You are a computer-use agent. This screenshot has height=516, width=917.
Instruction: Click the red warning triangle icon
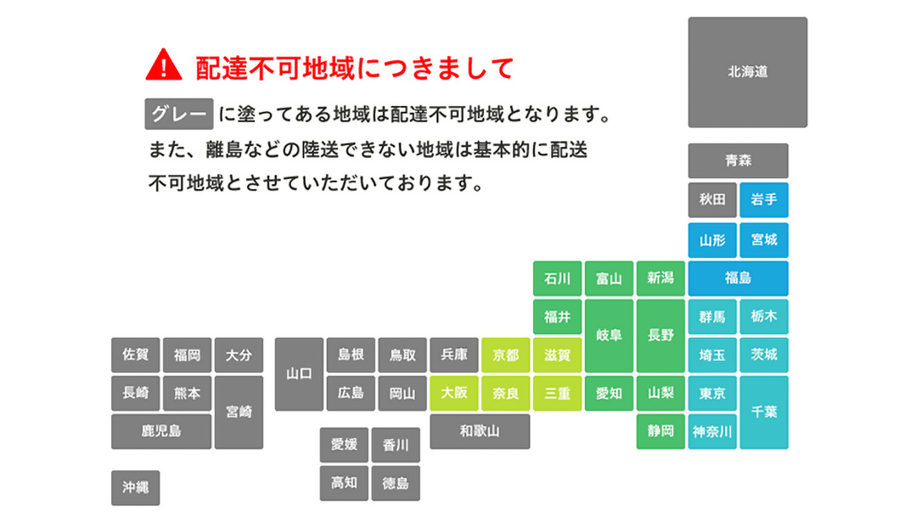tap(164, 64)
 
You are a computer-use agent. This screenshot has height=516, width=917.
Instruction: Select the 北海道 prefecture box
tap(747, 72)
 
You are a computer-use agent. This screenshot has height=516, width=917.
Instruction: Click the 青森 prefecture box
tap(738, 160)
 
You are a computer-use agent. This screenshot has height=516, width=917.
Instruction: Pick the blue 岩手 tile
tap(763, 200)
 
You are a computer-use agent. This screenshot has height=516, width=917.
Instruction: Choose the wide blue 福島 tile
tap(738, 278)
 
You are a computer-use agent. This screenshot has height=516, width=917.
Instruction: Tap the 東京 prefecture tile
tap(712, 394)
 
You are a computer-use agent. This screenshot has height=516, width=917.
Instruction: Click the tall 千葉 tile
tap(763, 412)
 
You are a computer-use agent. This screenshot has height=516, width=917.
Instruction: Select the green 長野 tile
tap(661, 335)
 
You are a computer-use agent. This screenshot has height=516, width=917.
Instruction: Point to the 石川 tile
tap(557, 278)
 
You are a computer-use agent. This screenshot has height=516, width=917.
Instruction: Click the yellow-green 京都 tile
tap(505, 355)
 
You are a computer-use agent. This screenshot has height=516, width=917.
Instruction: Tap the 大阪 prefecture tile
tap(454, 394)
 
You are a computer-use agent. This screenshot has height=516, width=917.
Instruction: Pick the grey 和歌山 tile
tap(480, 432)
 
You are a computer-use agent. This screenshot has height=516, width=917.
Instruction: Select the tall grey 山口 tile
tap(299, 373)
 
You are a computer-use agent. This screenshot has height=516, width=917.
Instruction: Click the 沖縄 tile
tap(135, 488)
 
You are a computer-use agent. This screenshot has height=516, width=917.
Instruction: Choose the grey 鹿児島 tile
tap(161, 432)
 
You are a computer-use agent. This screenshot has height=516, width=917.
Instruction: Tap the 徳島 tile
tap(396, 484)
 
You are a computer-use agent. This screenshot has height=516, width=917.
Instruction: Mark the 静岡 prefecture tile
tap(661, 432)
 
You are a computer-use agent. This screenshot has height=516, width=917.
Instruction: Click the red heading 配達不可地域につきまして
tap(355, 67)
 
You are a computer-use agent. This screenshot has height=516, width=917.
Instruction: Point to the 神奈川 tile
tap(712, 432)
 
